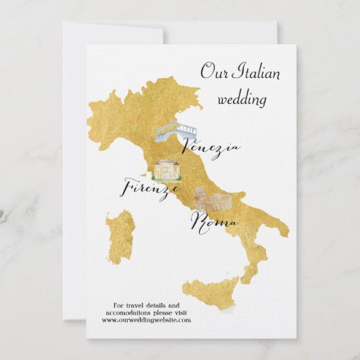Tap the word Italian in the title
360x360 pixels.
256,72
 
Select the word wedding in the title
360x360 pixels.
242,99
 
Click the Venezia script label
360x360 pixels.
212,149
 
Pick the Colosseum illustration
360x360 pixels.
209,199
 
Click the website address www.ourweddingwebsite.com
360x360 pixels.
147,321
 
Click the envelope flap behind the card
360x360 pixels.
112,33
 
